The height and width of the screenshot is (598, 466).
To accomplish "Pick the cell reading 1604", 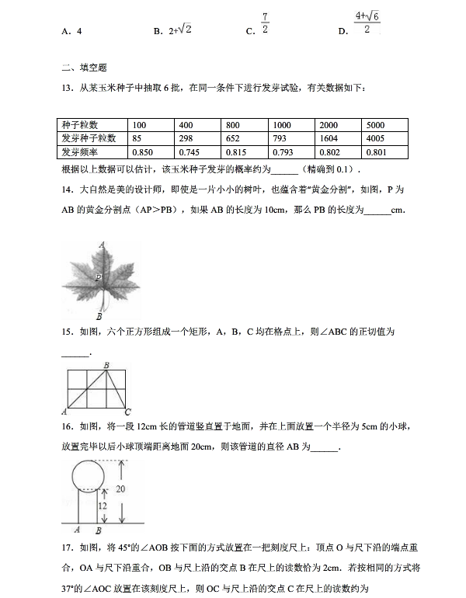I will (x=329, y=138).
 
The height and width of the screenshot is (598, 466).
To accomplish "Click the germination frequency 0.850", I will (x=145, y=151).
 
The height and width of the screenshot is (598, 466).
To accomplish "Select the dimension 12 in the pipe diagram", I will (x=101, y=506).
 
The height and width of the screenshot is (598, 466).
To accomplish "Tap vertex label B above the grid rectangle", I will (x=105, y=365).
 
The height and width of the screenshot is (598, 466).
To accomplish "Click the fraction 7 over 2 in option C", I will (x=265, y=23).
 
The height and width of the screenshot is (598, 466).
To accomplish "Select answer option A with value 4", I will (x=71, y=32).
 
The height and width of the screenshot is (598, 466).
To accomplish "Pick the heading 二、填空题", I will (x=78, y=68).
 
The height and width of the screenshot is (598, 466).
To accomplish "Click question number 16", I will (x=66, y=426).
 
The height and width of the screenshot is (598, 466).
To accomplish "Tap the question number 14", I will (x=66, y=189).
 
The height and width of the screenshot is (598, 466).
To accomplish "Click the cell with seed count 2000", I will (x=329, y=125).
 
